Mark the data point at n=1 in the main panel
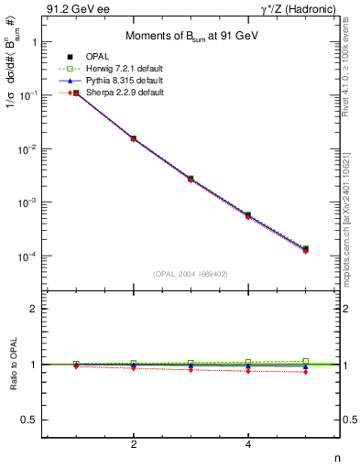click(77, 93)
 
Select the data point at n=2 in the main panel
click(134, 138)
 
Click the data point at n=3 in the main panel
click(191, 179)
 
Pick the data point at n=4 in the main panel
click(248, 214)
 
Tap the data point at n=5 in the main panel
click(305, 248)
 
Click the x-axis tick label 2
click(134, 444)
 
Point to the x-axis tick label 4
click(248, 444)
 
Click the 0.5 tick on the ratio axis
click(35, 420)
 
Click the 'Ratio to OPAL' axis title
click(13, 364)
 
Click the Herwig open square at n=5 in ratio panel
click(305, 361)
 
